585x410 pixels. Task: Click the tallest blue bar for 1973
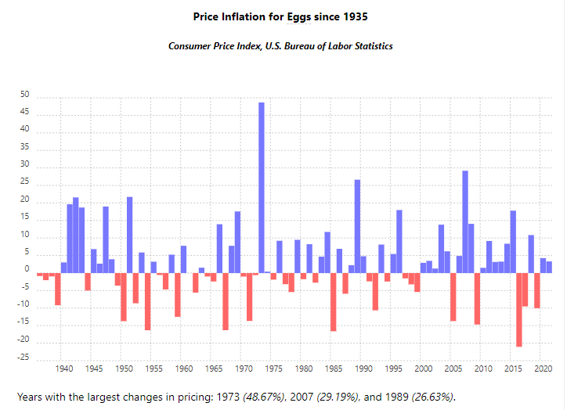262,188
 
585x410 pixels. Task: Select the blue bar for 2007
465,222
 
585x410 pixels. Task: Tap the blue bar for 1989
357,227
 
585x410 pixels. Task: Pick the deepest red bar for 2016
519,310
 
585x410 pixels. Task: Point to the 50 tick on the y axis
25,95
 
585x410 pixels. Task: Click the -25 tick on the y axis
23,358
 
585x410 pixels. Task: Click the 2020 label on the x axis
543,368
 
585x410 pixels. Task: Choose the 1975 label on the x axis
273,368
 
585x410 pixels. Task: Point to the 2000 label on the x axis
423,368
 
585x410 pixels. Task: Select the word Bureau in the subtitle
308,46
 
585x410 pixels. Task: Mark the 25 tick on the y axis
25,182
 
